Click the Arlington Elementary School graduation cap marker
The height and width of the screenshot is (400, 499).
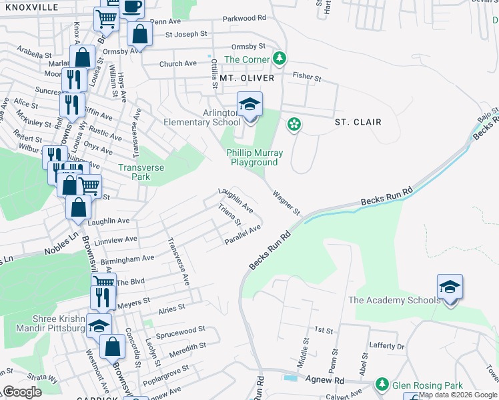249,106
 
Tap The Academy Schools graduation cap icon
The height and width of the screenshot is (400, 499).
450,289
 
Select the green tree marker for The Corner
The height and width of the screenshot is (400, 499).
280,59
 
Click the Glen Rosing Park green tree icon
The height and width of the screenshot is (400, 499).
382,385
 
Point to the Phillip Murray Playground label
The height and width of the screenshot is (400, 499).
254,157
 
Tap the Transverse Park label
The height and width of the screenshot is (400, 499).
141,173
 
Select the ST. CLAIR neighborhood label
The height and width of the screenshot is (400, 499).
358,122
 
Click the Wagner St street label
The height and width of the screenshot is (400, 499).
286,201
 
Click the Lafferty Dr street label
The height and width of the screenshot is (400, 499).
387,347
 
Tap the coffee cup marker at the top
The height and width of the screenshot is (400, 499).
131,7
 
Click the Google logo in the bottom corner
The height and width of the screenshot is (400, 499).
22,392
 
